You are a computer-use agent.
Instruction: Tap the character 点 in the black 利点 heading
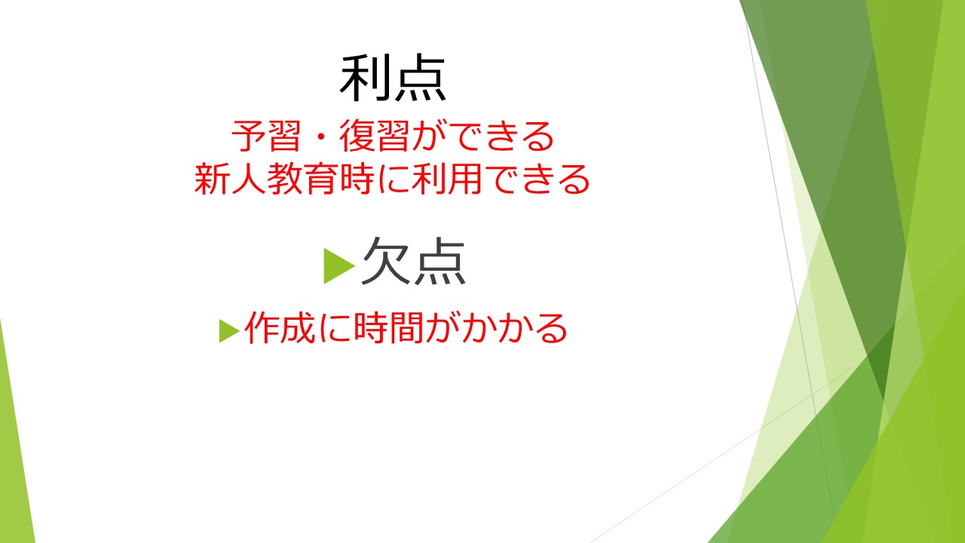[419, 78]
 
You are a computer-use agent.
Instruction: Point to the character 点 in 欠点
[440, 261]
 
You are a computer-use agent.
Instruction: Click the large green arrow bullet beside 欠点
[339, 265]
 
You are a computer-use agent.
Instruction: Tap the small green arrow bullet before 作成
[229, 331]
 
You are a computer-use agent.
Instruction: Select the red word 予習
[266, 136]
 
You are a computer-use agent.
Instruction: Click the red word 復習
[374, 136]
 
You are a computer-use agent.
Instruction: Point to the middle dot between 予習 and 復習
[320, 137]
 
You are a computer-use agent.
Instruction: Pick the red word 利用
[446, 179]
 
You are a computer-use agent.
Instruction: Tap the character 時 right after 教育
[357, 179]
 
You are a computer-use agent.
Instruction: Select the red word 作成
[280, 328]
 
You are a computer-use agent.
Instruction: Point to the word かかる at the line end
[514, 328]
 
